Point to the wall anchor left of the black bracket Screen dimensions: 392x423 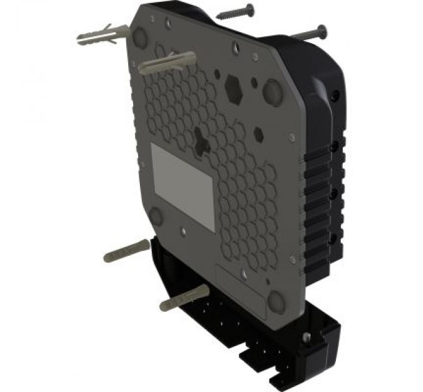126,250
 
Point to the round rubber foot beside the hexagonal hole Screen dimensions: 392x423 272,91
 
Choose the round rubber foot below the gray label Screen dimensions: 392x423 156,217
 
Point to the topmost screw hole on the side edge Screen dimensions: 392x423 337,96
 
